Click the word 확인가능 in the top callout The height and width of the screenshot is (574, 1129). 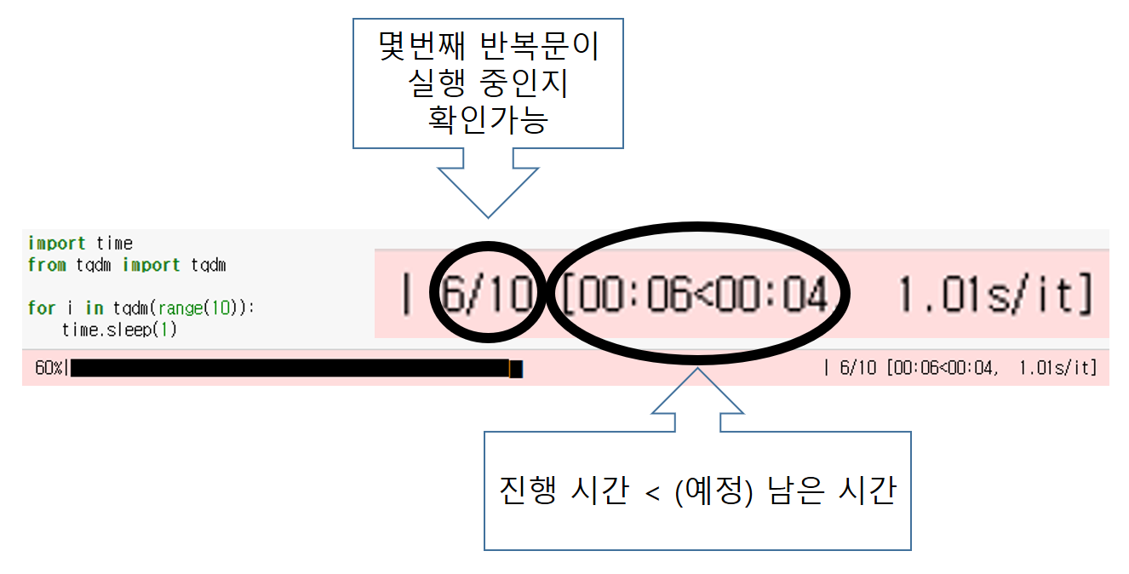click(x=488, y=120)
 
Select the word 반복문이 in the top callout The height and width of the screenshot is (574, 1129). click(x=541, y=48)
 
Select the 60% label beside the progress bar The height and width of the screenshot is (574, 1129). click(x=48, y=368)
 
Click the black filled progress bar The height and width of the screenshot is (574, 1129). click(x=289, y=368)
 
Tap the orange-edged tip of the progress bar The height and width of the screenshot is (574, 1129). click(x=516, y=368)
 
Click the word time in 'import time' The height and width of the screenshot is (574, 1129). click(x=114, y=244)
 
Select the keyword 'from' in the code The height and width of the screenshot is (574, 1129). click(x=46, y=265)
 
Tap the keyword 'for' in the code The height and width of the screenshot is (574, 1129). click(x=41, y=308)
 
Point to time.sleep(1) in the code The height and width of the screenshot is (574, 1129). click(x=119, y=330)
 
